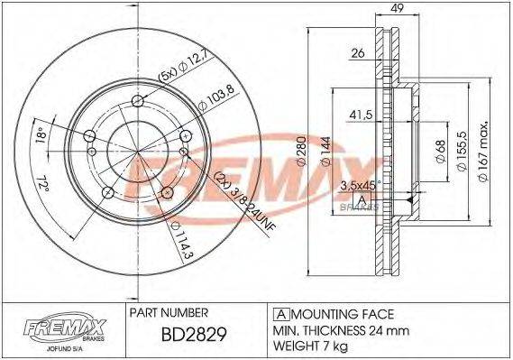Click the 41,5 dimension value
[361, 115]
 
